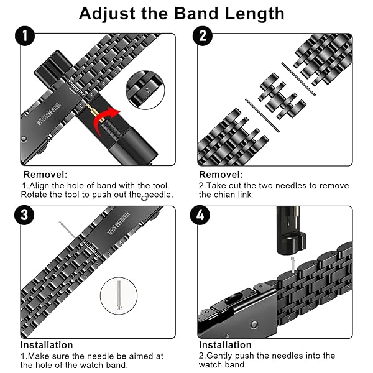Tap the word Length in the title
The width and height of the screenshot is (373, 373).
coord(254,14)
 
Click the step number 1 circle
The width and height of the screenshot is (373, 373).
coord(25,35)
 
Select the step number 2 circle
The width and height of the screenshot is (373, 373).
coord(203,35)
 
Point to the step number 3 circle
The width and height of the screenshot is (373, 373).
coord(24,215)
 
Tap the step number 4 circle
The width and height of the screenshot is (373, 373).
coord(200,215)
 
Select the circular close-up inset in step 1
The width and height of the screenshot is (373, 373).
coord(145,90)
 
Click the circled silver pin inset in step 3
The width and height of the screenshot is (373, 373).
coord(119,296)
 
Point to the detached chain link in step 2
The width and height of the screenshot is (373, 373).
coord(282,96)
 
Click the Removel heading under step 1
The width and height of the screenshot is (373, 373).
coord(45,175)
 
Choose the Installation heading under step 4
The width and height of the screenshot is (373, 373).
coord(225,345)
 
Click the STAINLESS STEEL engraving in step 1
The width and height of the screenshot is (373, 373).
coord(49,114)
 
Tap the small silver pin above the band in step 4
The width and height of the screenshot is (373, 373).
coord(293,264)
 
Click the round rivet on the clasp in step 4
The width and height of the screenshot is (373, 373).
coord(254,325)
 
